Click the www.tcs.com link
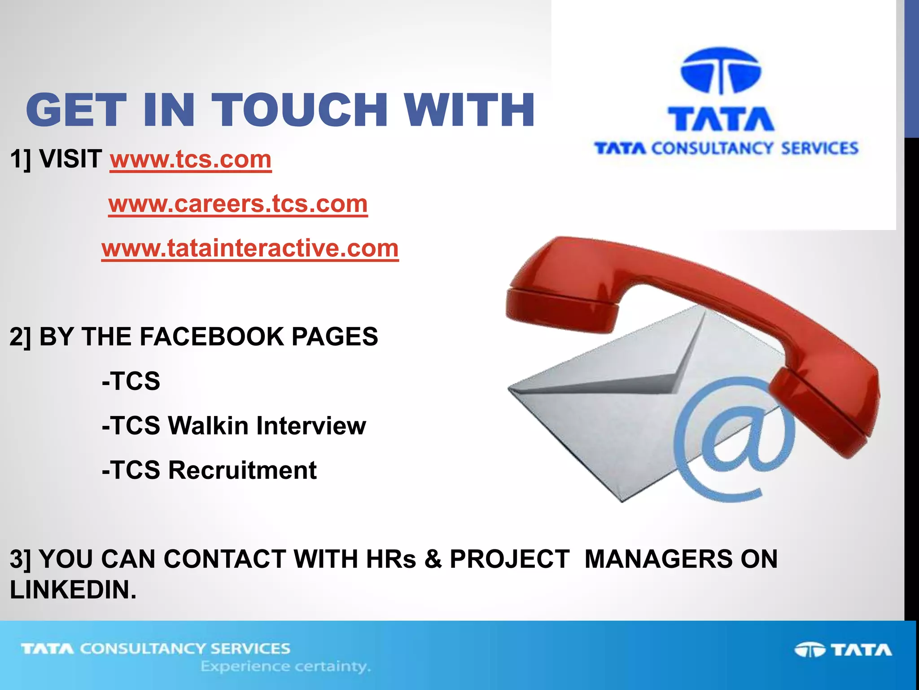click(x=191, y=159)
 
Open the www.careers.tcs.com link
click(x=238, y=204)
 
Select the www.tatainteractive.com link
click(x=250, y=248)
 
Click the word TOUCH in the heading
click(x=300, y=110)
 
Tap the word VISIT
click(x=70, y=159)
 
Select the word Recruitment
click(x=242, y=470)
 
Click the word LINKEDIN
click(x=73, y=590)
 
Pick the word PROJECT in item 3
click(x=510, y=559)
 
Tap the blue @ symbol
click(x=734, y=438)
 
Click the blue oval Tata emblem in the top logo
click(x=721, y=71)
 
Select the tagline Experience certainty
click(x=285, y=667)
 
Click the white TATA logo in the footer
click(x=844, y=650)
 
